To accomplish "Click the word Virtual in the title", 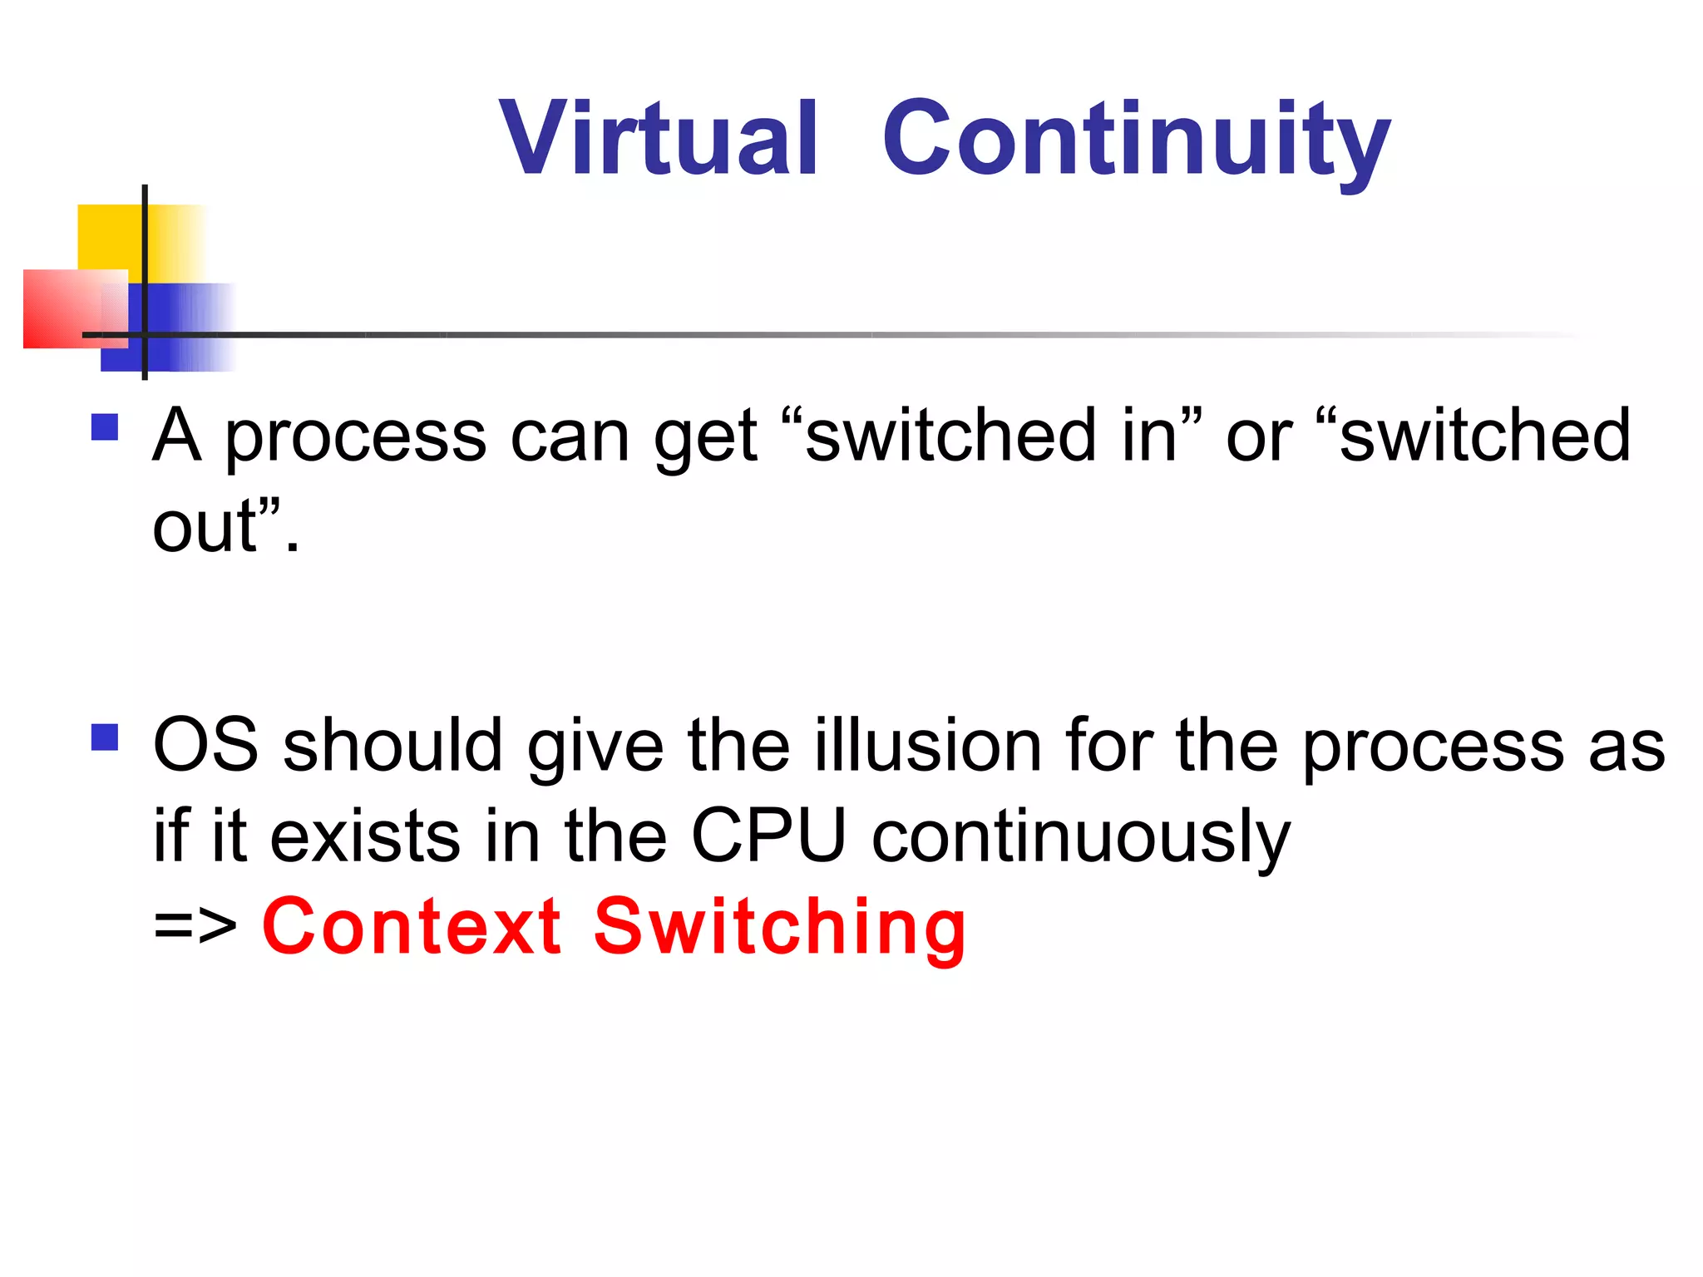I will (x=659, y=138).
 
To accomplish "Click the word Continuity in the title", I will (x=1136, y=140).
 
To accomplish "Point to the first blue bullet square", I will (x=105, y=427).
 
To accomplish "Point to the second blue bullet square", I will (x=105, y=737).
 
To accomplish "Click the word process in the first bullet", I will (x=355, y=438).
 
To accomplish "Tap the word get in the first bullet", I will (x=705, y=438).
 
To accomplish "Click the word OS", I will (x=206, y=745).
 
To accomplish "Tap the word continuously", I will (x=1081, y=836).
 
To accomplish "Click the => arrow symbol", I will (x=195, y=925).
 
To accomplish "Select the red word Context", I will (x=412, y=926).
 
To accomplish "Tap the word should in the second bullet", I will (x=392, y=745).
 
